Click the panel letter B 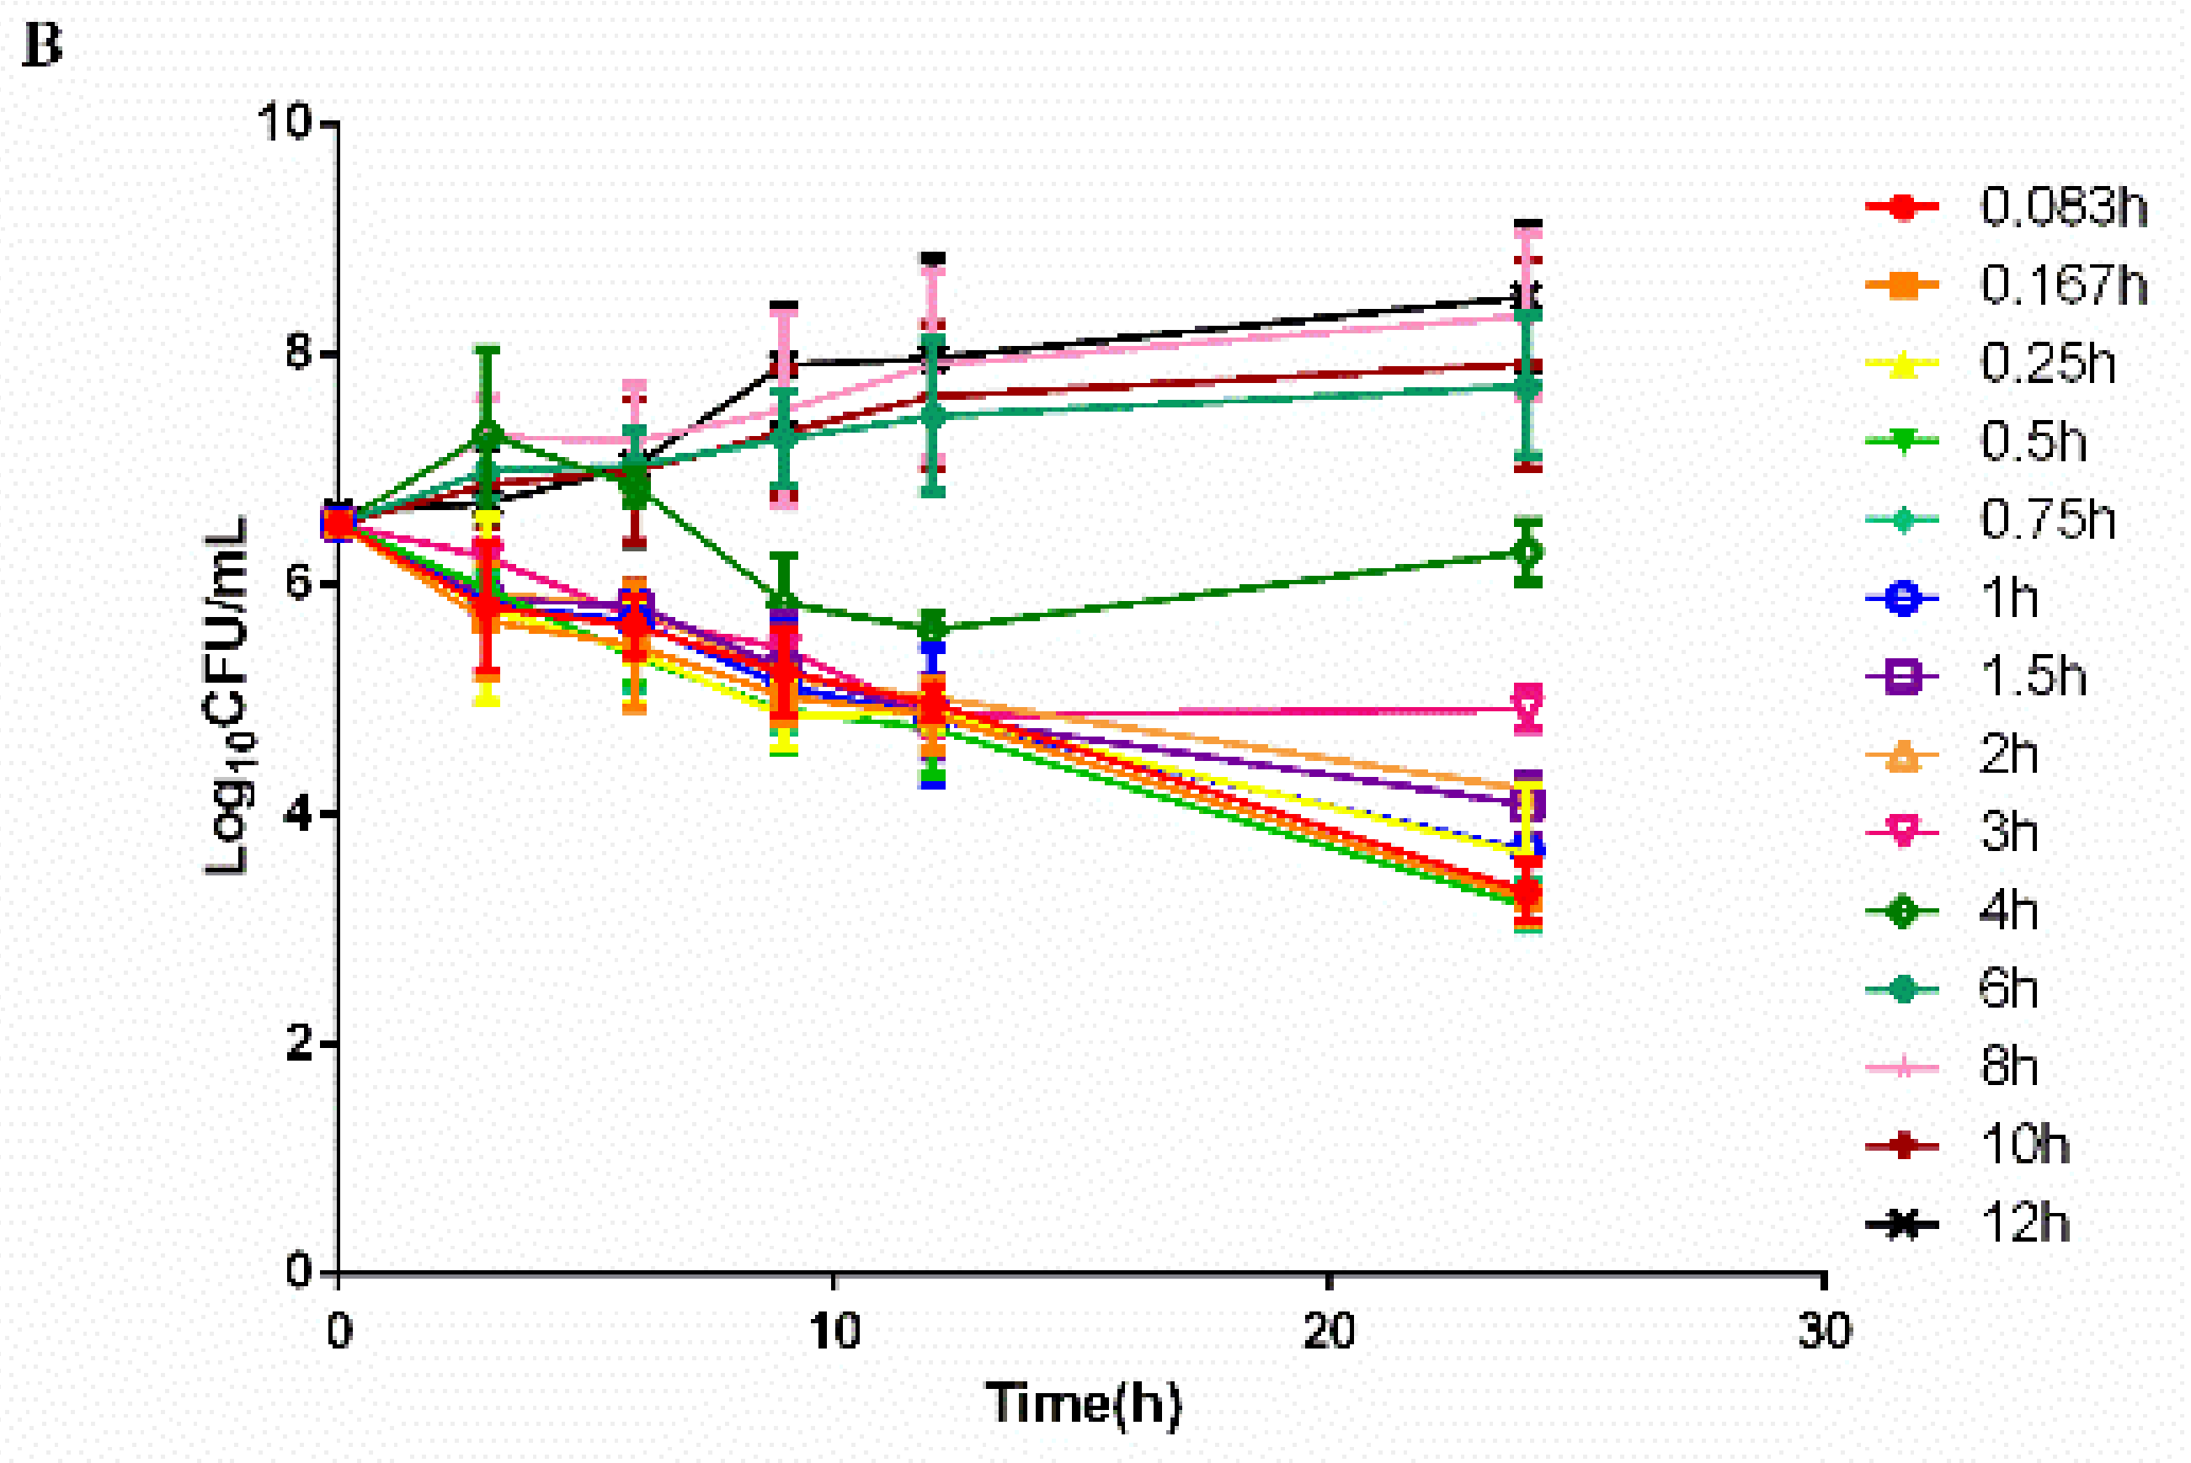41,45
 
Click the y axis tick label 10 285,122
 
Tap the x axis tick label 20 1329,1332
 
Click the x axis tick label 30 1824,1332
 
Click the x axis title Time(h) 1084,1402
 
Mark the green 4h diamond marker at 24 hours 1527,552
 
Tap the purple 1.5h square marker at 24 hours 1527,803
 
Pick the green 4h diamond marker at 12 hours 932,627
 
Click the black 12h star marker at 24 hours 1527,298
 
